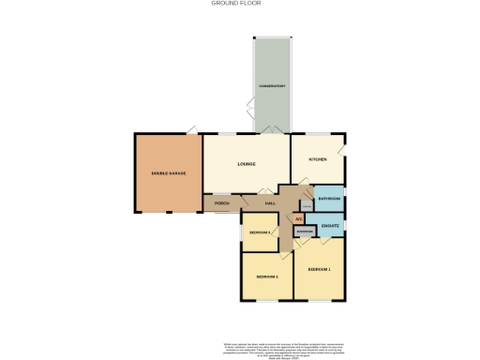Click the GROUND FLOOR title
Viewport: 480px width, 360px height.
pyautogui.click(x=240, y=4)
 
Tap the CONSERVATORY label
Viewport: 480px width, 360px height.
pyautogui.click(x=272, y=86)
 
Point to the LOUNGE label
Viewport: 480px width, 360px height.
pyautogui.click(x=247, y=164)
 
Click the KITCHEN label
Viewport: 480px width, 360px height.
pyautogui.click(x=318, y=159)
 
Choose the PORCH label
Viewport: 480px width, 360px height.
pyautogui.click(x=222, y=203)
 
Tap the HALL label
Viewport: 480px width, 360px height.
pyautogui.click(x=270, y=203)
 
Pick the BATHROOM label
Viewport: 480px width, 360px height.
pyautogui.click(x=329, y=200)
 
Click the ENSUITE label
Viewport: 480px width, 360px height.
pyautogui.click(x=329, y=225)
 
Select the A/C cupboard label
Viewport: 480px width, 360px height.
pyautogui.click(x=299, y=219)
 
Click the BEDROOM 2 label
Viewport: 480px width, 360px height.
pyautogui.click(x=267, y=277)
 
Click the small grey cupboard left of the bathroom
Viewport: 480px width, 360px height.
pyautogui.click(x=307, y=201)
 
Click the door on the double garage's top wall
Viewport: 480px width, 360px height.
pyautogui.click(x=191, y=130)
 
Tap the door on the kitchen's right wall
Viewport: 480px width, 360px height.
pyautogui.click(x=344, y=149)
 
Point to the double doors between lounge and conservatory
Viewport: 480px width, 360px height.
pyautogui.click(x=271, y=131)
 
